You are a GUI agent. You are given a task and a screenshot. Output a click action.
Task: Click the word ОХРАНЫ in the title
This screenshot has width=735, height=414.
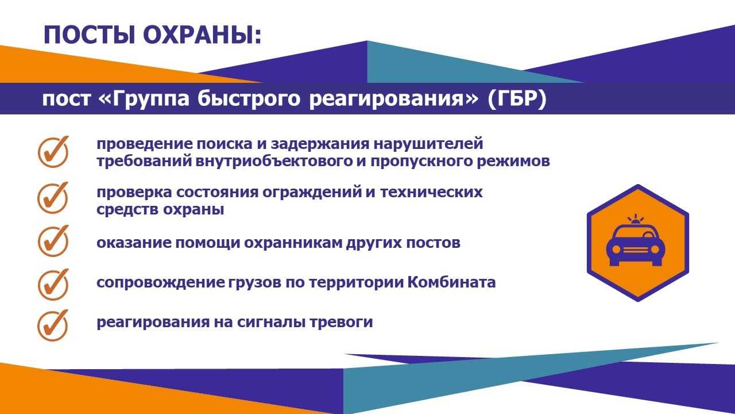point(202,35)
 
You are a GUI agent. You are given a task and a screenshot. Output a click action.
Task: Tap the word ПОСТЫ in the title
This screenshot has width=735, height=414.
point(89,35)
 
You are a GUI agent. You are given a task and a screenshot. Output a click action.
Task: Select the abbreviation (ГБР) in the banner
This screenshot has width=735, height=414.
point(517,98)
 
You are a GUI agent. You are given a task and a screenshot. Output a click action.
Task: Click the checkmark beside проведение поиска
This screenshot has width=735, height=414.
point(53,152)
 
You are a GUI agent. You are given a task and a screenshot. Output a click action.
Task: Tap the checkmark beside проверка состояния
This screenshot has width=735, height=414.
point(53,198)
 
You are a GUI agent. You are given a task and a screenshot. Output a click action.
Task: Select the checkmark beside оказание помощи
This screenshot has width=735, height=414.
point(53,241)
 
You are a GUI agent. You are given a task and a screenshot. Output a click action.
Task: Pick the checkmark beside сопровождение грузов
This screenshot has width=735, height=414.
point(53,285)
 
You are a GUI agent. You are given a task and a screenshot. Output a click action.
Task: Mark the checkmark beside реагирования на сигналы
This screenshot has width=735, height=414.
point(53,325)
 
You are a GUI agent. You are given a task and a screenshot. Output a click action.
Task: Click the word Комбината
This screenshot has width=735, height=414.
point(451,282)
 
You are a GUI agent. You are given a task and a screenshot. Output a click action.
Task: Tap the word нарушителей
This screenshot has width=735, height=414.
point(428,144)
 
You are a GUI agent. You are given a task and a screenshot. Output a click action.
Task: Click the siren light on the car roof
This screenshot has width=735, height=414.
point(636,220)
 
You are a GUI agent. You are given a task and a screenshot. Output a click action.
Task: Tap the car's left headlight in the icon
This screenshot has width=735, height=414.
point(616,250)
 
